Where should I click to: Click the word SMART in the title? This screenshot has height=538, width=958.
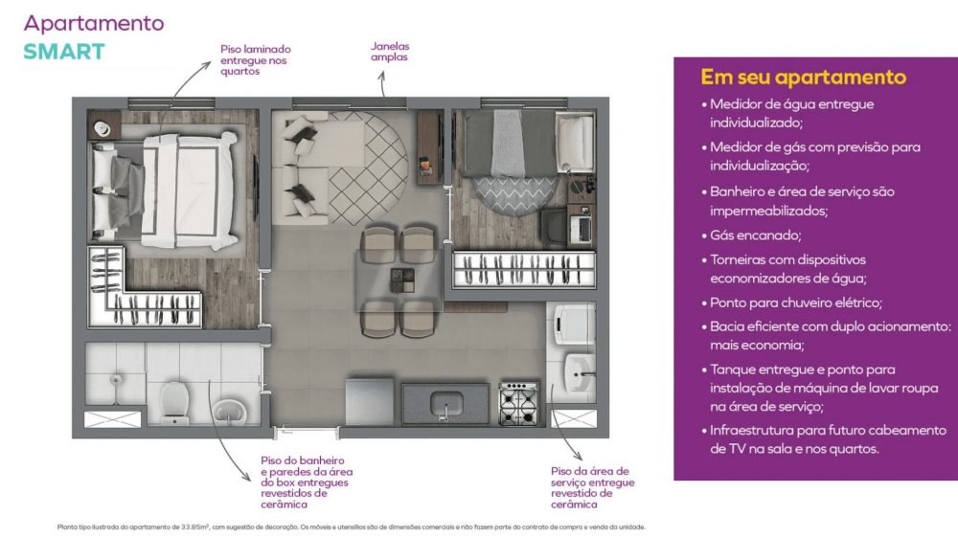tap(64, 52)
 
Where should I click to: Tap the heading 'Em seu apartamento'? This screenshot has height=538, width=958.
tap(803, 77)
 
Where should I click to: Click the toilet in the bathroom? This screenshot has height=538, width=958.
tap(175, 402)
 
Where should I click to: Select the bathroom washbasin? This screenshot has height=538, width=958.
tap(230, 411)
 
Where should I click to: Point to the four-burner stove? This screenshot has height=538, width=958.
tap(518, 403)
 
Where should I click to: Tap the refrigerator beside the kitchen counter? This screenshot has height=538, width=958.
tap(370, 401)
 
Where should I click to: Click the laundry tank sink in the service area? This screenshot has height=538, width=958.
tap(579, 371)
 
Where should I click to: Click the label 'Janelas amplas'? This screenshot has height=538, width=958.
tap(390, 52)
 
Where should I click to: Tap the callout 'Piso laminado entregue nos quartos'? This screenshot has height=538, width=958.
tap(256, 60)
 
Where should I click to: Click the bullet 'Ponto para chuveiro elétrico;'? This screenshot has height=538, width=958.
tap(795, 303)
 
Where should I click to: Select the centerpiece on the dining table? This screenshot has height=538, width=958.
tap(402, 280)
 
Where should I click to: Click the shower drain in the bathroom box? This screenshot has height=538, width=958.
tap(116, 380)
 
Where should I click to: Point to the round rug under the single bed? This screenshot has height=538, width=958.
tap(516, 194)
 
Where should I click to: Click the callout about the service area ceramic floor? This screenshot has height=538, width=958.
tap(592, 487)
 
